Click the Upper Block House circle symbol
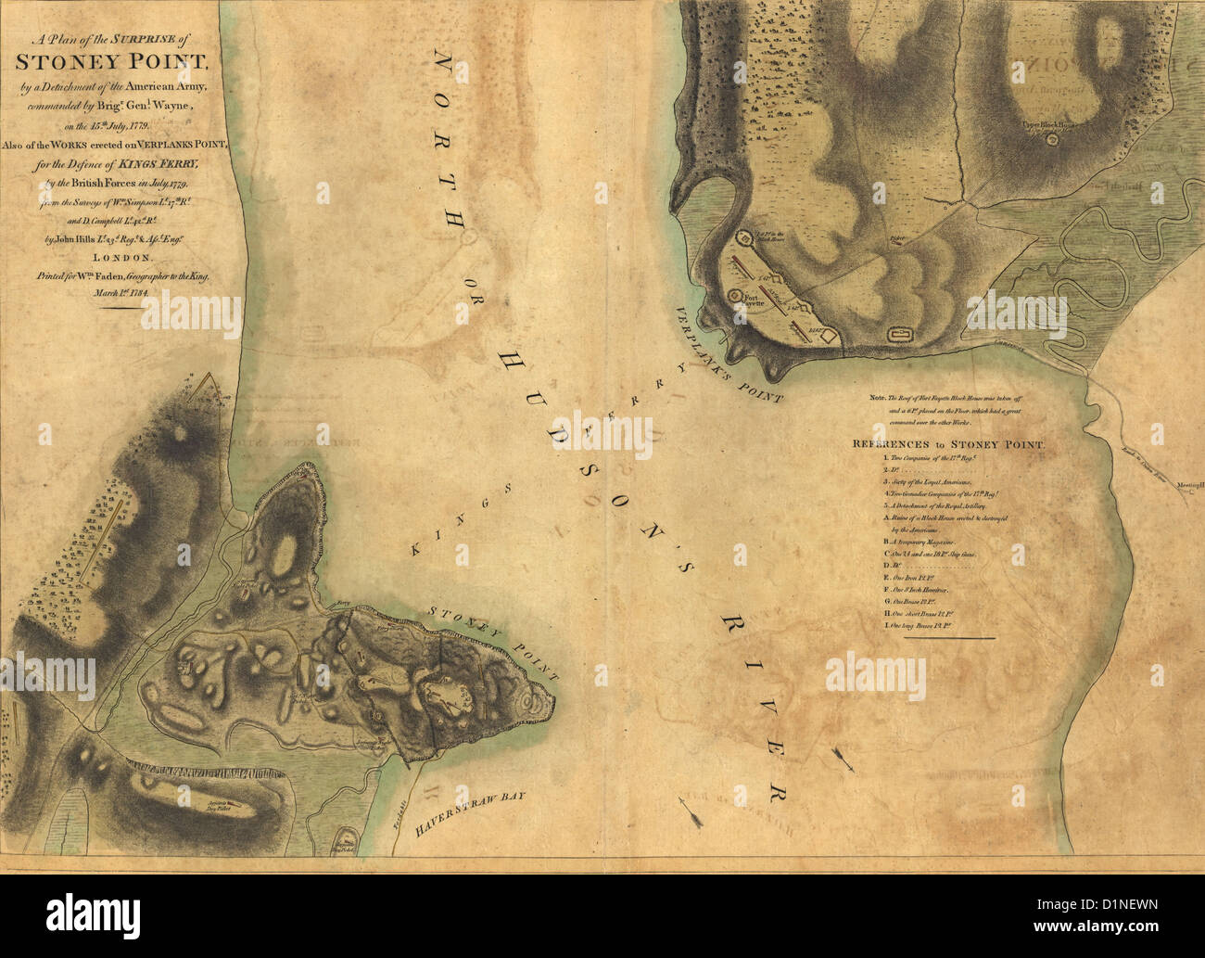[1052, 140]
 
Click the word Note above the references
[877, 397]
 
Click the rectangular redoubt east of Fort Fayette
[897, 333]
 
